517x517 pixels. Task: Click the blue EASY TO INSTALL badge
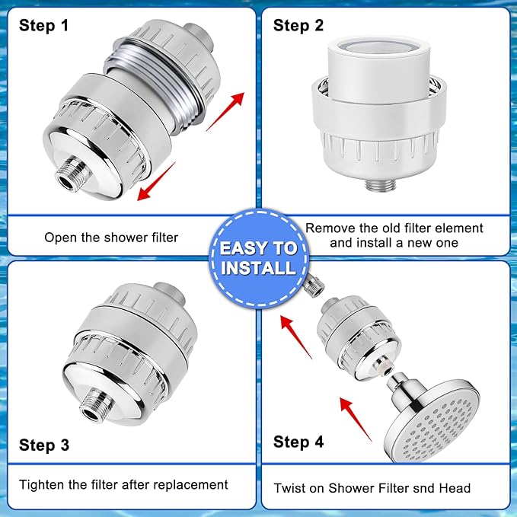tap(258, 257)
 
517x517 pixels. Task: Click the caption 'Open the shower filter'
tap(111, 237)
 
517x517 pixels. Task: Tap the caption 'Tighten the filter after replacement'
tap(123, 484)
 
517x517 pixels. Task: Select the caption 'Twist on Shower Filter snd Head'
tap(372, 487)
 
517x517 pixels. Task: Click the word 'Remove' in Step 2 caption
tap(329, 228)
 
